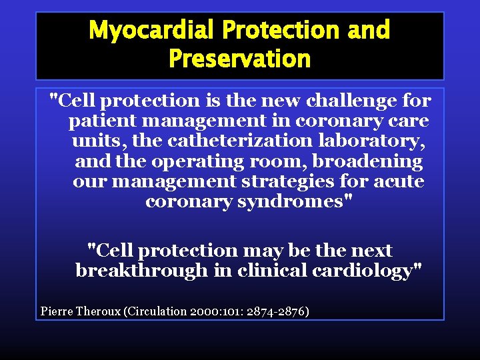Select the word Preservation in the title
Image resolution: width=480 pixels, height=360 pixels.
[x=240, y=59]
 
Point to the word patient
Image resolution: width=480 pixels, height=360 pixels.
[x=102, y=122]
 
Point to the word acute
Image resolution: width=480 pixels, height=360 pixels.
[x=398, y=182]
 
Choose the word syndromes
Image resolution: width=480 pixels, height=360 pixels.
[x=292, y=202]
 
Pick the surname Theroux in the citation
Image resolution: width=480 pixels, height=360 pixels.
[x=99, y=311]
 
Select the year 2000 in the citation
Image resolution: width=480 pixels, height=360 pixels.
[x=206, y=311]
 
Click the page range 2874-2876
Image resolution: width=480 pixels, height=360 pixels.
[x=281, y=311]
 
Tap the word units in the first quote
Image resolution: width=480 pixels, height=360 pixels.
[x=94, y=142]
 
